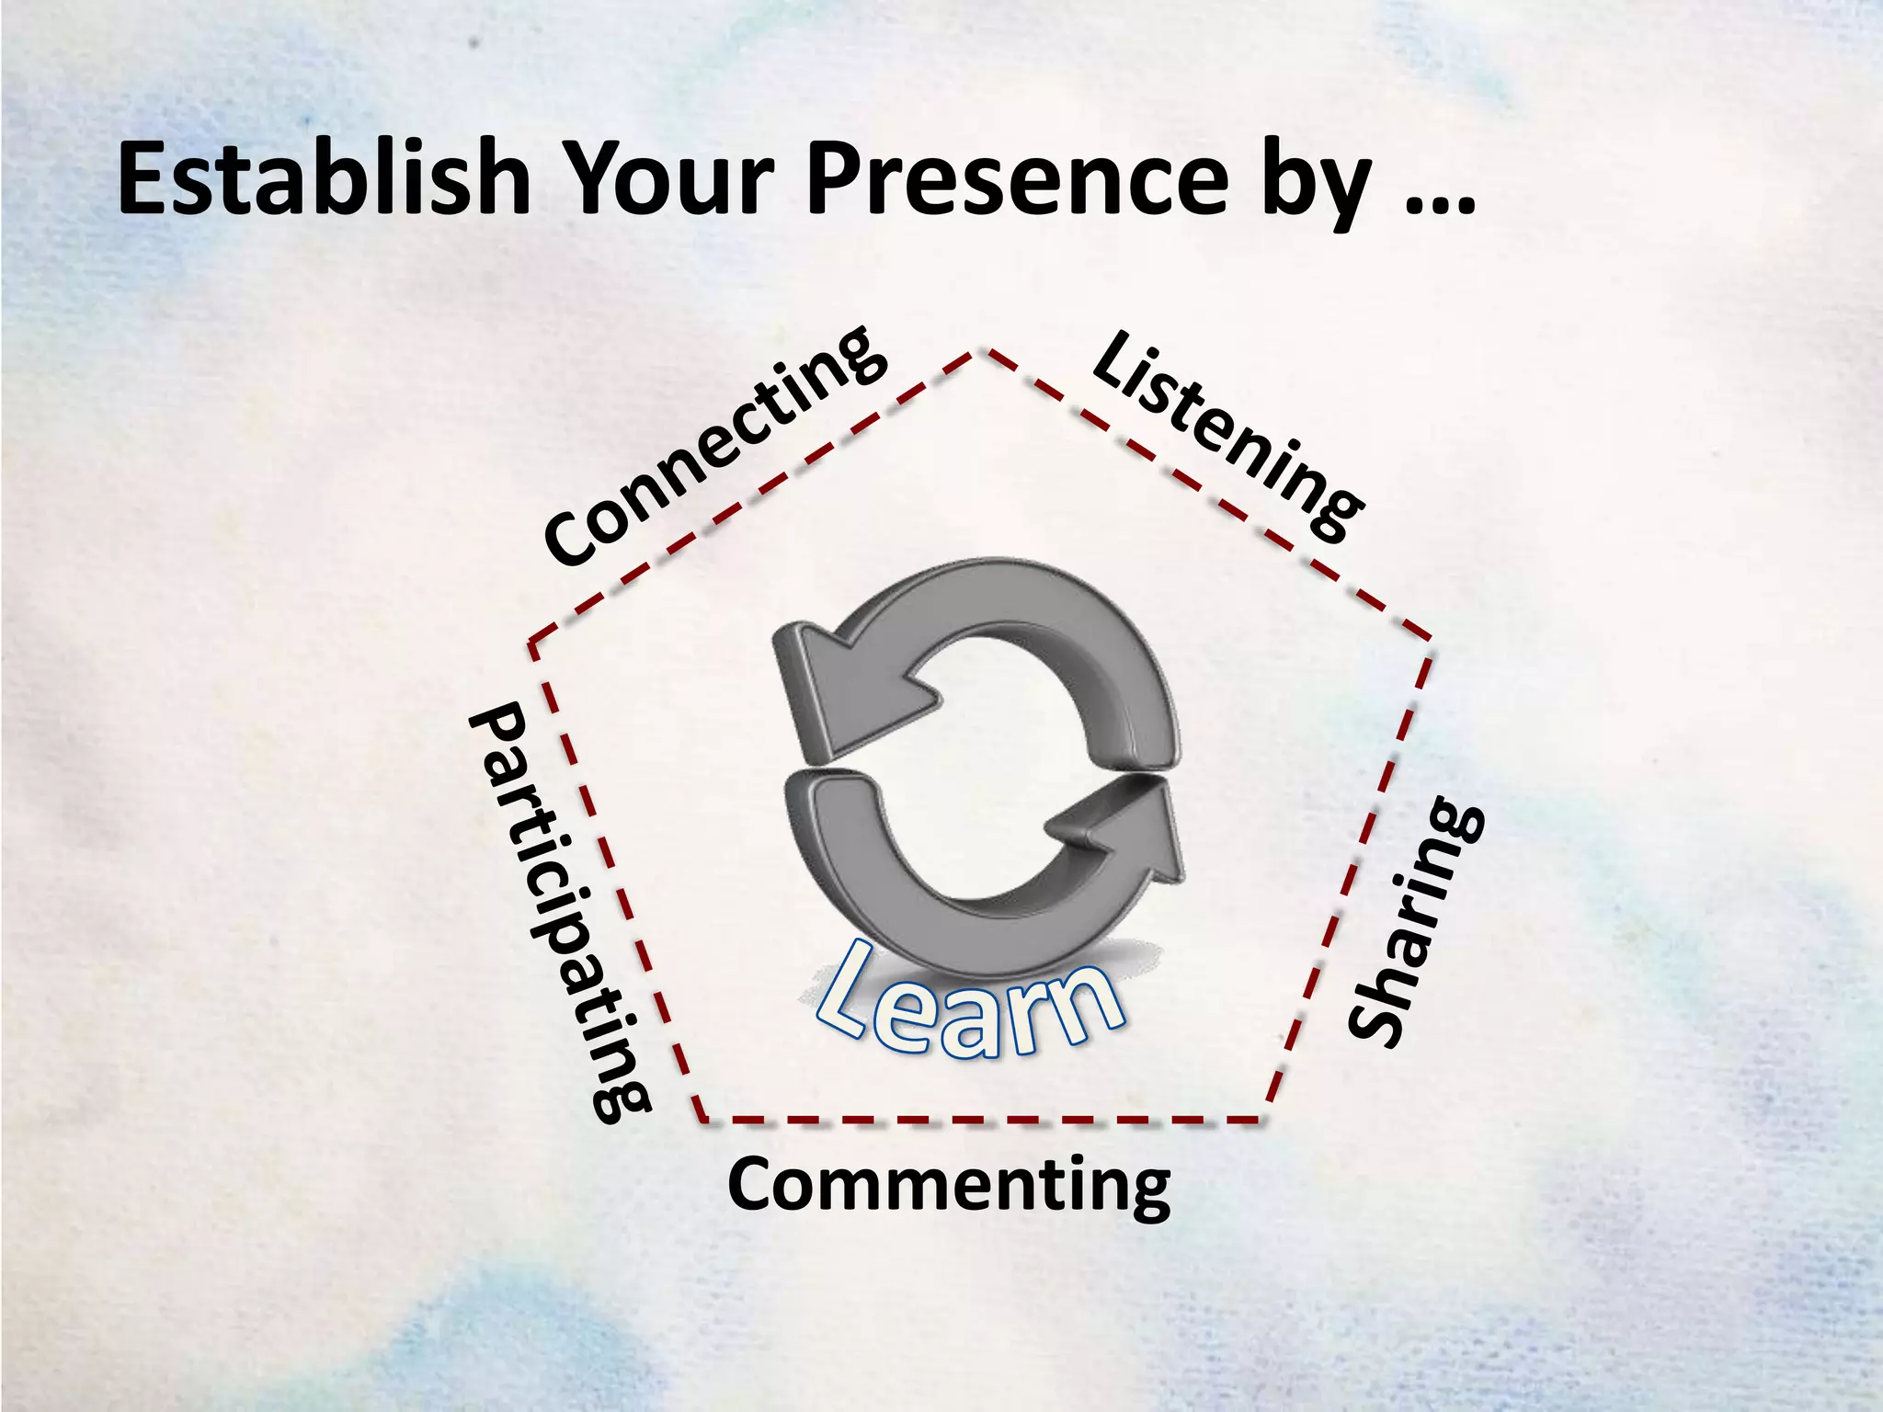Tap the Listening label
pos(1227,437)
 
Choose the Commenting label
pos(948,1187)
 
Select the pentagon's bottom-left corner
pos(702,1120)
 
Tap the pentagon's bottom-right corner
pos(1263,1119)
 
